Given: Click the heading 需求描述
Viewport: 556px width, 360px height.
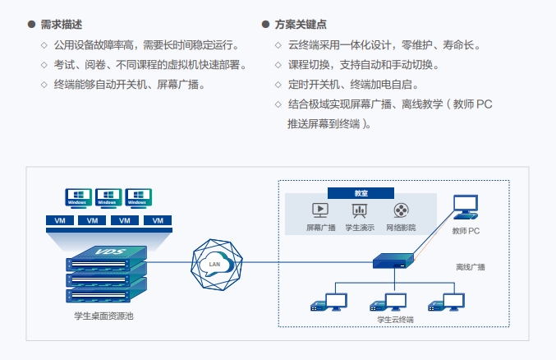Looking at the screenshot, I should tap(61, 25).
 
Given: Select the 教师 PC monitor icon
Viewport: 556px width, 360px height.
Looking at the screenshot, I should tap(466, 208).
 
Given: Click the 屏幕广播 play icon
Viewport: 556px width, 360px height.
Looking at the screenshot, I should tap(320, 210).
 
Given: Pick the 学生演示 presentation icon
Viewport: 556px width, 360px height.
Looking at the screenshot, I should tap(359, 210).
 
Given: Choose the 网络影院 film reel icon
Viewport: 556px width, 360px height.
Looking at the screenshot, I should tap(401, 210).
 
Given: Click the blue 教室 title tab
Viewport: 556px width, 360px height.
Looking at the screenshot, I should tap(361, 192).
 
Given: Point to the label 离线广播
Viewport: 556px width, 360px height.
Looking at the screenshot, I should tap(471, 267).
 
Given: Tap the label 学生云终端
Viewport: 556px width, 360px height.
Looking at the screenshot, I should tap(395, 319).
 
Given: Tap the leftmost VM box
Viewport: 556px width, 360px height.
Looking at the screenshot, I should tap(59, 221).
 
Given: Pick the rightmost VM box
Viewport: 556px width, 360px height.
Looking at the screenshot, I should tap(157, 221).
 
